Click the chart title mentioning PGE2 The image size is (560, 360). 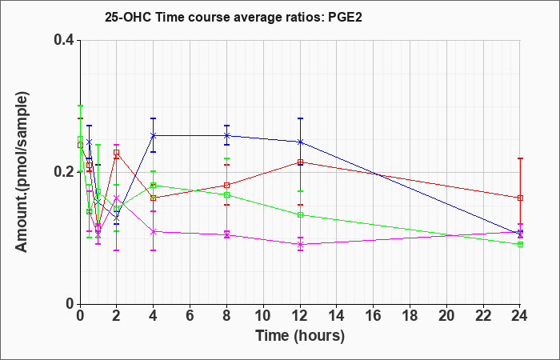click(x=234, y=17)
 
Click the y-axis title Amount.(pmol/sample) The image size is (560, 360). click(x=22, y=172)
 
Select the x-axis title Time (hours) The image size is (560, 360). click(x=300, y=336)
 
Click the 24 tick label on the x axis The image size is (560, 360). click(x=520, y=315)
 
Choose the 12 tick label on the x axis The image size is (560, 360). click(x=300, y=315)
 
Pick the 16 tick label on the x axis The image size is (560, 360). click(x=374, y=315)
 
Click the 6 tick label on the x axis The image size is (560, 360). click(x=190, y=315)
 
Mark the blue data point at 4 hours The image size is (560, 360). click(x=154, y=135)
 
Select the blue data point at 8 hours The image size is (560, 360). click(x=226, y=135)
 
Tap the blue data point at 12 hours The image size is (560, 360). click(x=300, y=142)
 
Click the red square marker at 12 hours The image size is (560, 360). click(x=300, y=162)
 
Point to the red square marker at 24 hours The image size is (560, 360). click(x=520, y=198)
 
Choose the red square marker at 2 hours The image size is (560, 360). click(x=117, y=153)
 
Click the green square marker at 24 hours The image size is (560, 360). click(x=520, y=244)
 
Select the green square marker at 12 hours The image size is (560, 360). click(x=300, y=214)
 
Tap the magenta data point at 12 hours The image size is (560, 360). click(x=300, y=244)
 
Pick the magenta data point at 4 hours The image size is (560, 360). click(x=154, y=231)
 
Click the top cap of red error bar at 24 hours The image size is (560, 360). click(x=520, y=158)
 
